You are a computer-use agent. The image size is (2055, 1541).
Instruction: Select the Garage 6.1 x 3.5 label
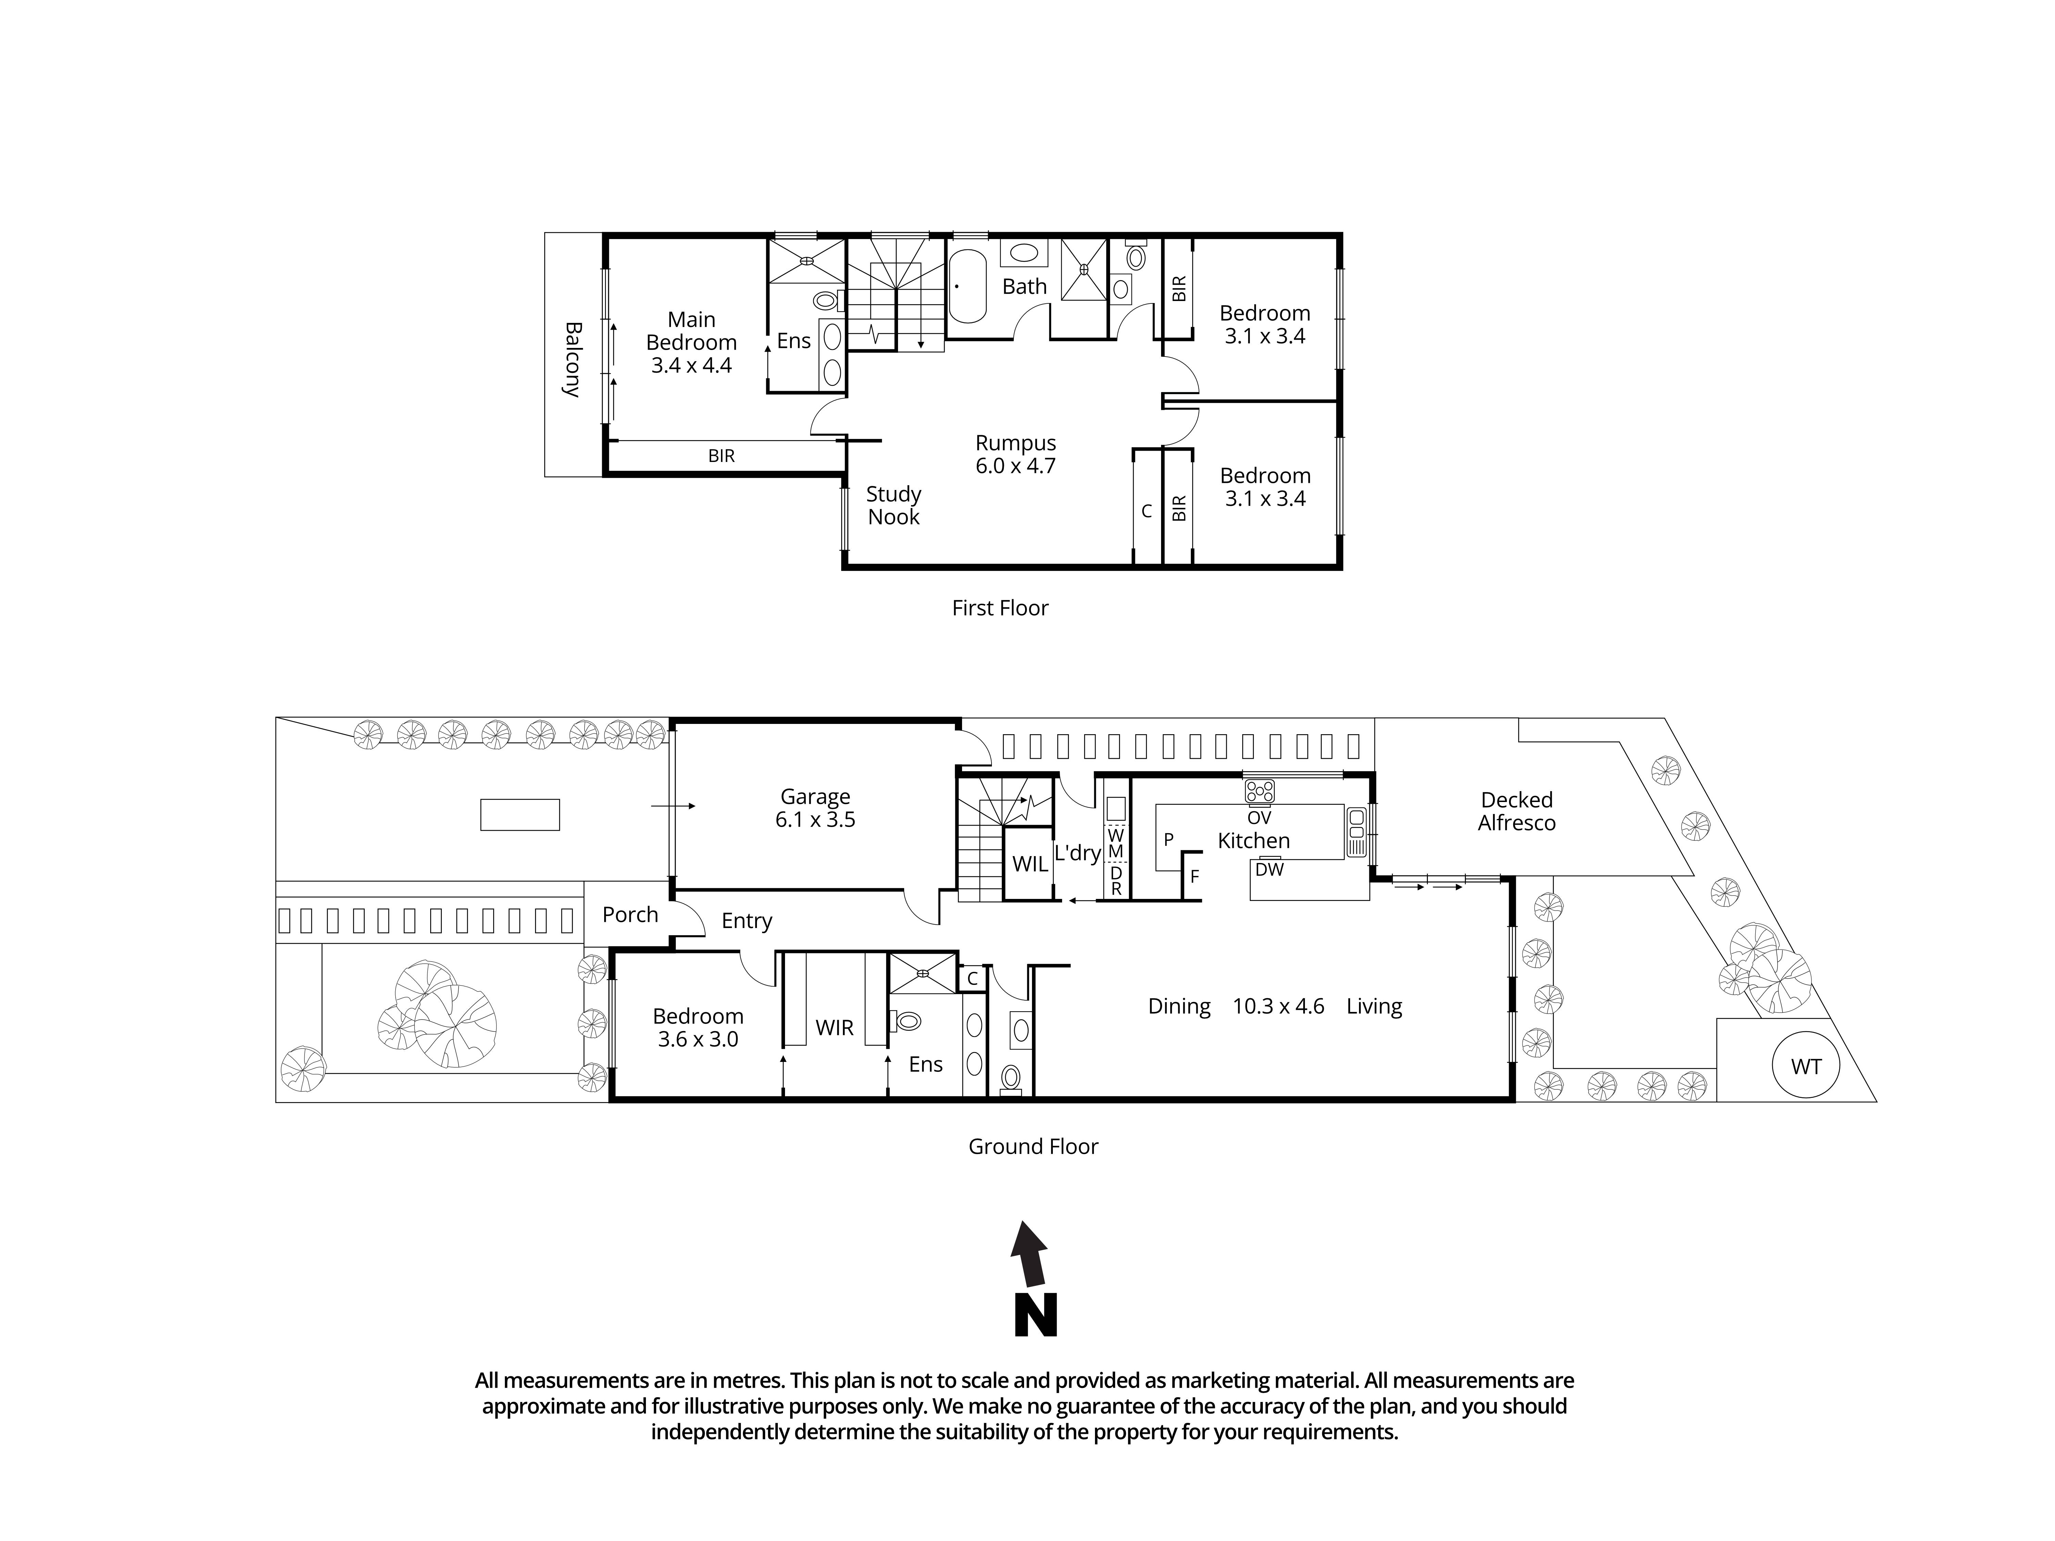point(815,808)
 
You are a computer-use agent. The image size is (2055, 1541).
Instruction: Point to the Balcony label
point(572,360)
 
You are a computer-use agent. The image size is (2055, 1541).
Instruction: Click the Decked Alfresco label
point(1516,811)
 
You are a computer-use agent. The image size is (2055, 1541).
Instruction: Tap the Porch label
point(630,915)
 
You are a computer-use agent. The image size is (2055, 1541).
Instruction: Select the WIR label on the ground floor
point(834,1027)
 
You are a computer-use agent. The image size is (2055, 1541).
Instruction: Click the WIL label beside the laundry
point(1029,864)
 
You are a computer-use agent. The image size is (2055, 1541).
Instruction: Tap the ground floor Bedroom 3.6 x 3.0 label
point(698,1027)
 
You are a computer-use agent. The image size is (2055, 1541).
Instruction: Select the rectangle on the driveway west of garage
point(519,815)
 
